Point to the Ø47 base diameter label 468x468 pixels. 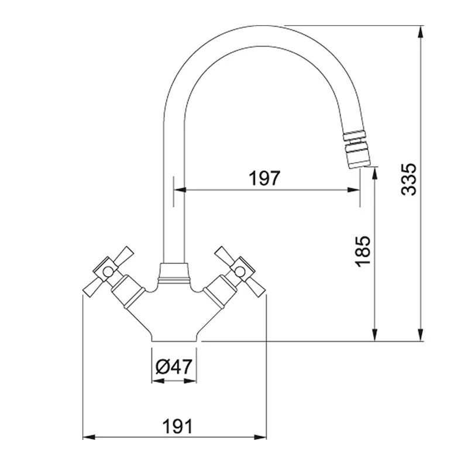click(174, 367)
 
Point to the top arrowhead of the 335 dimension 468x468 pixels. click(421, 31)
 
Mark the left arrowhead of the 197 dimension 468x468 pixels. click(182, 190)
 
